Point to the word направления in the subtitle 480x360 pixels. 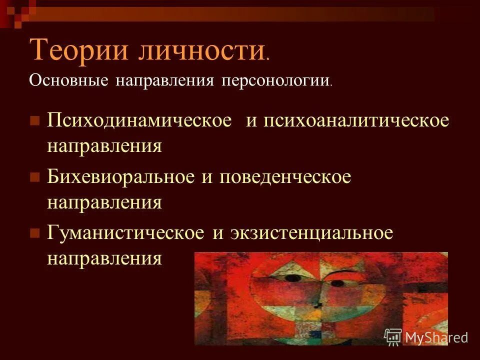pyautogui.click(x=165, y=80)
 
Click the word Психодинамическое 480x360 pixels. pyautogui.click(x=140, y=122)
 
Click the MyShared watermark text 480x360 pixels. pyautogui.click(x=436, y=337)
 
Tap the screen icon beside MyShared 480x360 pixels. pyautogui.click(x=393, y=337)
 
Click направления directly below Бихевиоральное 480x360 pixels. pyautogui.click(x=104, y=202)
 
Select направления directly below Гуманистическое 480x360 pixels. pyautogui.click(x=104, y=258)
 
